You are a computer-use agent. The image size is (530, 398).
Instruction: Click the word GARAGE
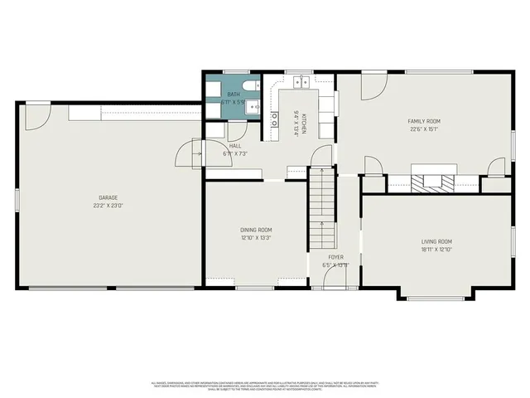click(109, 197)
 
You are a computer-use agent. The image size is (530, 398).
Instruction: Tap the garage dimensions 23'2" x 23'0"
click(109, 204)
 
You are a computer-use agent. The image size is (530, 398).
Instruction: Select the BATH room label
click(234, 95)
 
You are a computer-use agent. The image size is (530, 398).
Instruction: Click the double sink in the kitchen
click(301, 81)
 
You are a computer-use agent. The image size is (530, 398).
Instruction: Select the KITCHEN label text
click(304, 124)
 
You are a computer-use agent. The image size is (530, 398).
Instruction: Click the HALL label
click(235, 146)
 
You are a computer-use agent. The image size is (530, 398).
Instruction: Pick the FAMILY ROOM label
click(422, 121)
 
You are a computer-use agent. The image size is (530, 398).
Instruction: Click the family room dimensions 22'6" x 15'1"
click(422, 129)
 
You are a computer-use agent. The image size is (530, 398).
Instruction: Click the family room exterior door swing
click(373, 87)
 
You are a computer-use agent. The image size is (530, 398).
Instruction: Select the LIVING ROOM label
click(436, 241)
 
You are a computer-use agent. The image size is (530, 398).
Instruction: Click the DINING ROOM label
click(256, 230)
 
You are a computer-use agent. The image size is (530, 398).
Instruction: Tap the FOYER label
click(335, 257)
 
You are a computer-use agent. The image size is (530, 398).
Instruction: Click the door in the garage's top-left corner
click(36, 117)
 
